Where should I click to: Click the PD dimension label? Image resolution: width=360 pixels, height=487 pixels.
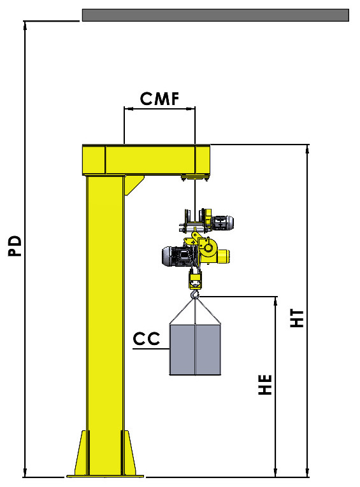(x=15, y=246)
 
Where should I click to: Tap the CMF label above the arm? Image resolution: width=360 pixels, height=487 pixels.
(x=159, y=98)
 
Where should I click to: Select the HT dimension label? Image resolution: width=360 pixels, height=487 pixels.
(x=298, y=318)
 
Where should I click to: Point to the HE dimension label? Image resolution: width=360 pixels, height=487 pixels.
(x=266, y=384)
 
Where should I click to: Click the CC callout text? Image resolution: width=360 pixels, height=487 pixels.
(x=146, y=339)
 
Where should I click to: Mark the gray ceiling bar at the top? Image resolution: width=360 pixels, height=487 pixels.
(x=215, y=15)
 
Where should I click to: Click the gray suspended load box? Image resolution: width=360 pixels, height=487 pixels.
(x=194, y=350)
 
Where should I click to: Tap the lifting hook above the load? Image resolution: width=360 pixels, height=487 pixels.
(x=195, y=294)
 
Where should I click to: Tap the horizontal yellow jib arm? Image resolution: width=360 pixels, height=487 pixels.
(x=146, y=159)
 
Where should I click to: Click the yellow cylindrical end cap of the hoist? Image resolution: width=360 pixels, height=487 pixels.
(x=222, y=256)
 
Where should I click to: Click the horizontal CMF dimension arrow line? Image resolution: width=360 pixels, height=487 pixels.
(x=159, y=109)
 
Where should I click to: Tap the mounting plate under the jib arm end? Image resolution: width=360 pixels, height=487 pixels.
(x=194, y=176)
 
